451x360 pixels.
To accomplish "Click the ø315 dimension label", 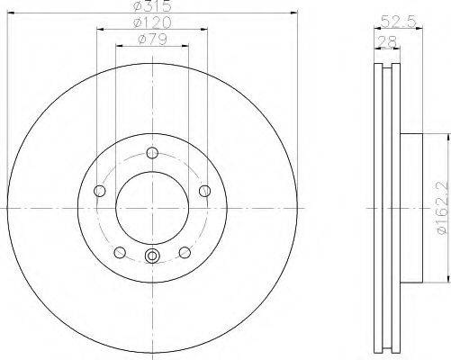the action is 152,6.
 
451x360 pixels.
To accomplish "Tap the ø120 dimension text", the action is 152,22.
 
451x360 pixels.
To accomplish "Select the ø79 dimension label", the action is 152,40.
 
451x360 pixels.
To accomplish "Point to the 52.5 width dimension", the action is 398,22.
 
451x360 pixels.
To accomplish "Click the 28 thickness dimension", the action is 387,41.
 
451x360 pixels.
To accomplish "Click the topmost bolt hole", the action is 152,153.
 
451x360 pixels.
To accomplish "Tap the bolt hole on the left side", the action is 100,191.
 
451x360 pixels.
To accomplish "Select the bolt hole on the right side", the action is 205,191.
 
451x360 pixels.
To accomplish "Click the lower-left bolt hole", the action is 120,252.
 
